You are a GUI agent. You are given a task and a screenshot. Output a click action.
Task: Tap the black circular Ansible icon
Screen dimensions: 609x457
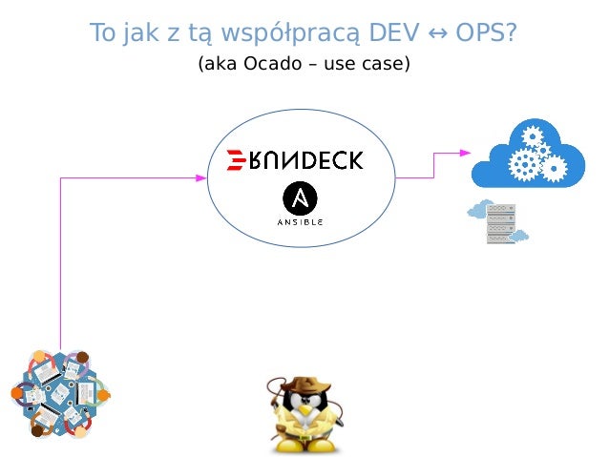[x=301, y=198]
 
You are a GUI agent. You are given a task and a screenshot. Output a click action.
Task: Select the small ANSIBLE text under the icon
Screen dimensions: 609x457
[x=301, y=221]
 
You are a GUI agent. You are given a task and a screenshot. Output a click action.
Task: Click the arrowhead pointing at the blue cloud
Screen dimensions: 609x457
[x=465, y=153]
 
